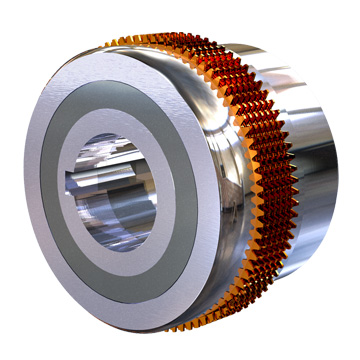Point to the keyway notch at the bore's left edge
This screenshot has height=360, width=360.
(x=73, y=190)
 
